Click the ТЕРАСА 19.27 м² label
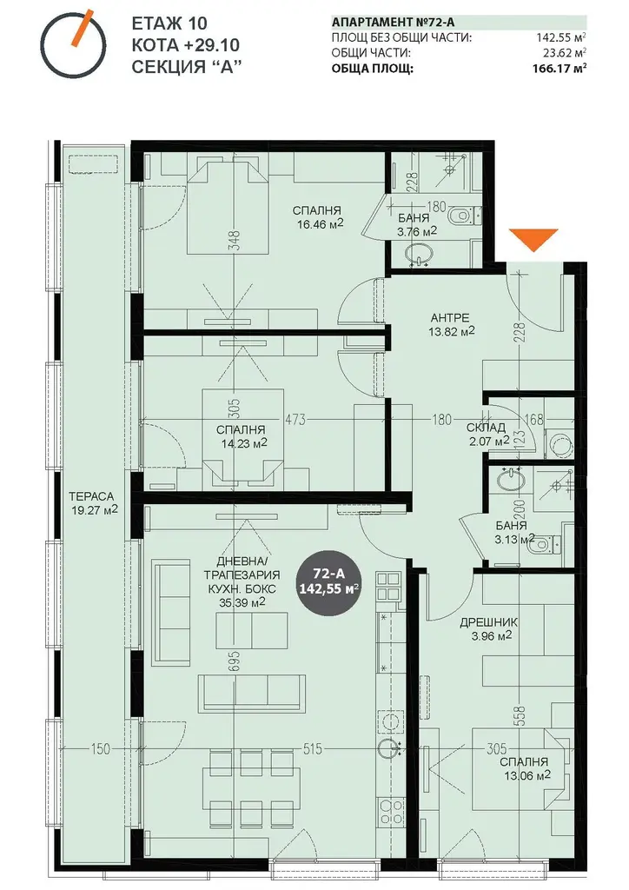[93, 502]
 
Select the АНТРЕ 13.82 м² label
[452, 324]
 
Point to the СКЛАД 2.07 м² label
[487, 435]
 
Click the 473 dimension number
[295, 420]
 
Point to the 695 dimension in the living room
[235, 661]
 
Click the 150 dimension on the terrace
[101, 749]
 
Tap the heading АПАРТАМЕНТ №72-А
[393, 23]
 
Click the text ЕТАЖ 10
[169, 23]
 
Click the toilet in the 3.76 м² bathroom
[462, 216]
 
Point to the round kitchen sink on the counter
[390, 748]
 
